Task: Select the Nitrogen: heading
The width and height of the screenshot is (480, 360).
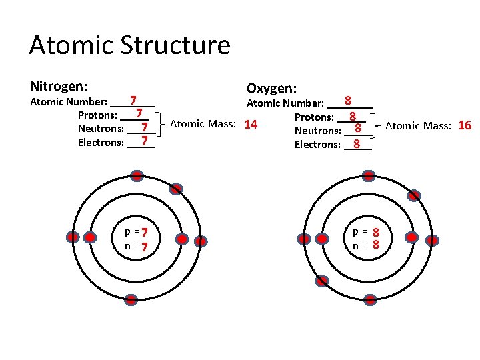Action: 60,87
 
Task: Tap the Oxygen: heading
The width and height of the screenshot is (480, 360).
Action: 272,89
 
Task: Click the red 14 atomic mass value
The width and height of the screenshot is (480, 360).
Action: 251,125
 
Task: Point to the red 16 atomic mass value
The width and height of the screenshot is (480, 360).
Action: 465,125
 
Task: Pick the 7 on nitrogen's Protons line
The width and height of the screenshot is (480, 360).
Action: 140,113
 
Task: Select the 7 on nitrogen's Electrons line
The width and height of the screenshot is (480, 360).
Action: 144,141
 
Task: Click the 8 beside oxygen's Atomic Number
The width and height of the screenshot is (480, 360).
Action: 348,101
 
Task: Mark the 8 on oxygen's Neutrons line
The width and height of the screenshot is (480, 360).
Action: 358,128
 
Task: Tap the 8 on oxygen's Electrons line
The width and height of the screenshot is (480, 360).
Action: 357,143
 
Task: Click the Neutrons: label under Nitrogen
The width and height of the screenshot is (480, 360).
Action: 101,129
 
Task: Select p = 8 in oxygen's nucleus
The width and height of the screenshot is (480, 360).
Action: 367,232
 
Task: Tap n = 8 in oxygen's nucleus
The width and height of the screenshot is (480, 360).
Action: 367,245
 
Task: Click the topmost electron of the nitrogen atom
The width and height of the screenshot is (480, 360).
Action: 137,176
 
